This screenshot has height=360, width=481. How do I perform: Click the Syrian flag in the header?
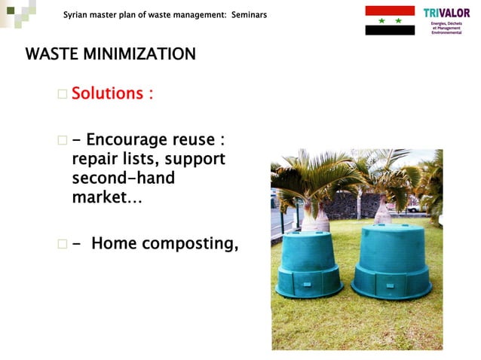390,20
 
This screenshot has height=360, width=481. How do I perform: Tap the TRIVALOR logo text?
446,13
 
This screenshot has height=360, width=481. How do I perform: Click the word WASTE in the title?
51,55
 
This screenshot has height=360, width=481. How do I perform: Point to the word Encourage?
127,141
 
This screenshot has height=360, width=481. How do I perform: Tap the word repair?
94,160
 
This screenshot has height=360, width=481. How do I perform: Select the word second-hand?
123,179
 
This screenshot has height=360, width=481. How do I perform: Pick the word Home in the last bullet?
113,243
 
